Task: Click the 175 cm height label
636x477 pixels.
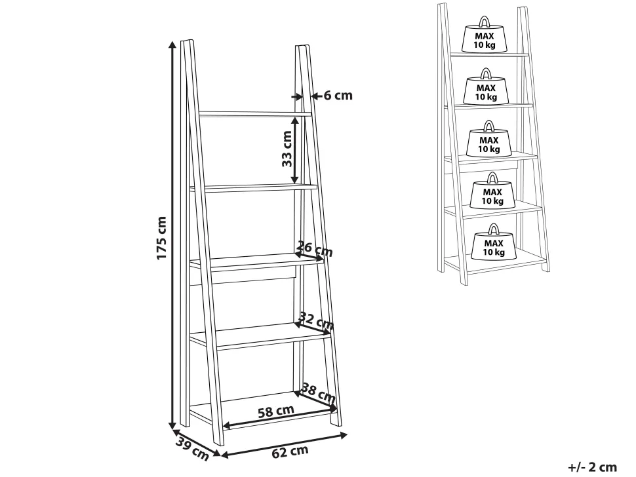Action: point(161,238)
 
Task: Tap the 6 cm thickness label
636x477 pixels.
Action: point(338,96)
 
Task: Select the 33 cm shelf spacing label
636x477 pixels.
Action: point(287,148)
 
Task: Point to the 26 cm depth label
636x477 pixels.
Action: point(315,249)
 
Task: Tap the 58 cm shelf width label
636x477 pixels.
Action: point(276,411)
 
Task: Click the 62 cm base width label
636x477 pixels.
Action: point(290,451)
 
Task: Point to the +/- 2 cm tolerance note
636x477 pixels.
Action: point(592,467)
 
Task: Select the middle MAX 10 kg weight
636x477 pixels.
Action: point(488,139)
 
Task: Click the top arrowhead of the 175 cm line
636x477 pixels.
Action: point(172,45)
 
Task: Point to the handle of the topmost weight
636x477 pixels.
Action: point(485,21)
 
